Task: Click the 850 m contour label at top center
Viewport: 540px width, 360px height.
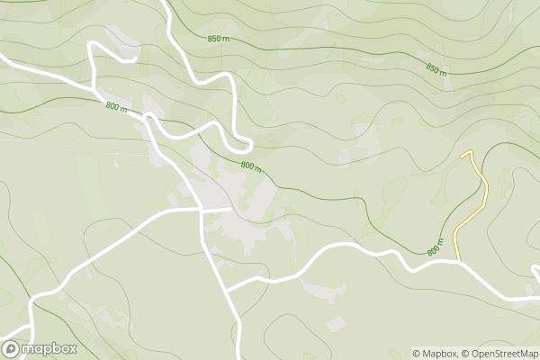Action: (218, 39)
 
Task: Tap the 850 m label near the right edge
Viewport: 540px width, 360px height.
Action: (436, 69)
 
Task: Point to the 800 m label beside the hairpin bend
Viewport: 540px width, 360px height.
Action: (251, 166)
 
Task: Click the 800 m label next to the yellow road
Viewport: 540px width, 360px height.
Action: (436, 247)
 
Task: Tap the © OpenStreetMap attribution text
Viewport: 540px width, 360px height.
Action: (500, 353)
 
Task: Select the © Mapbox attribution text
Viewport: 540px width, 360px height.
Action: (436, 353)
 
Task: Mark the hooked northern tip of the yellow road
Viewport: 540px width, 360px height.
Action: (465, 153)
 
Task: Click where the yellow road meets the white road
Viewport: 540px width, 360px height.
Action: (459, 261)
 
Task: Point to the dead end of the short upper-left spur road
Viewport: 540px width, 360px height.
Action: (135, 60)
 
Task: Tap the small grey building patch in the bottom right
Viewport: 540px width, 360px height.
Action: (337, 323)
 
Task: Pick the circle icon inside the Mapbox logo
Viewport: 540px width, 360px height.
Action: (12, 348)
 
